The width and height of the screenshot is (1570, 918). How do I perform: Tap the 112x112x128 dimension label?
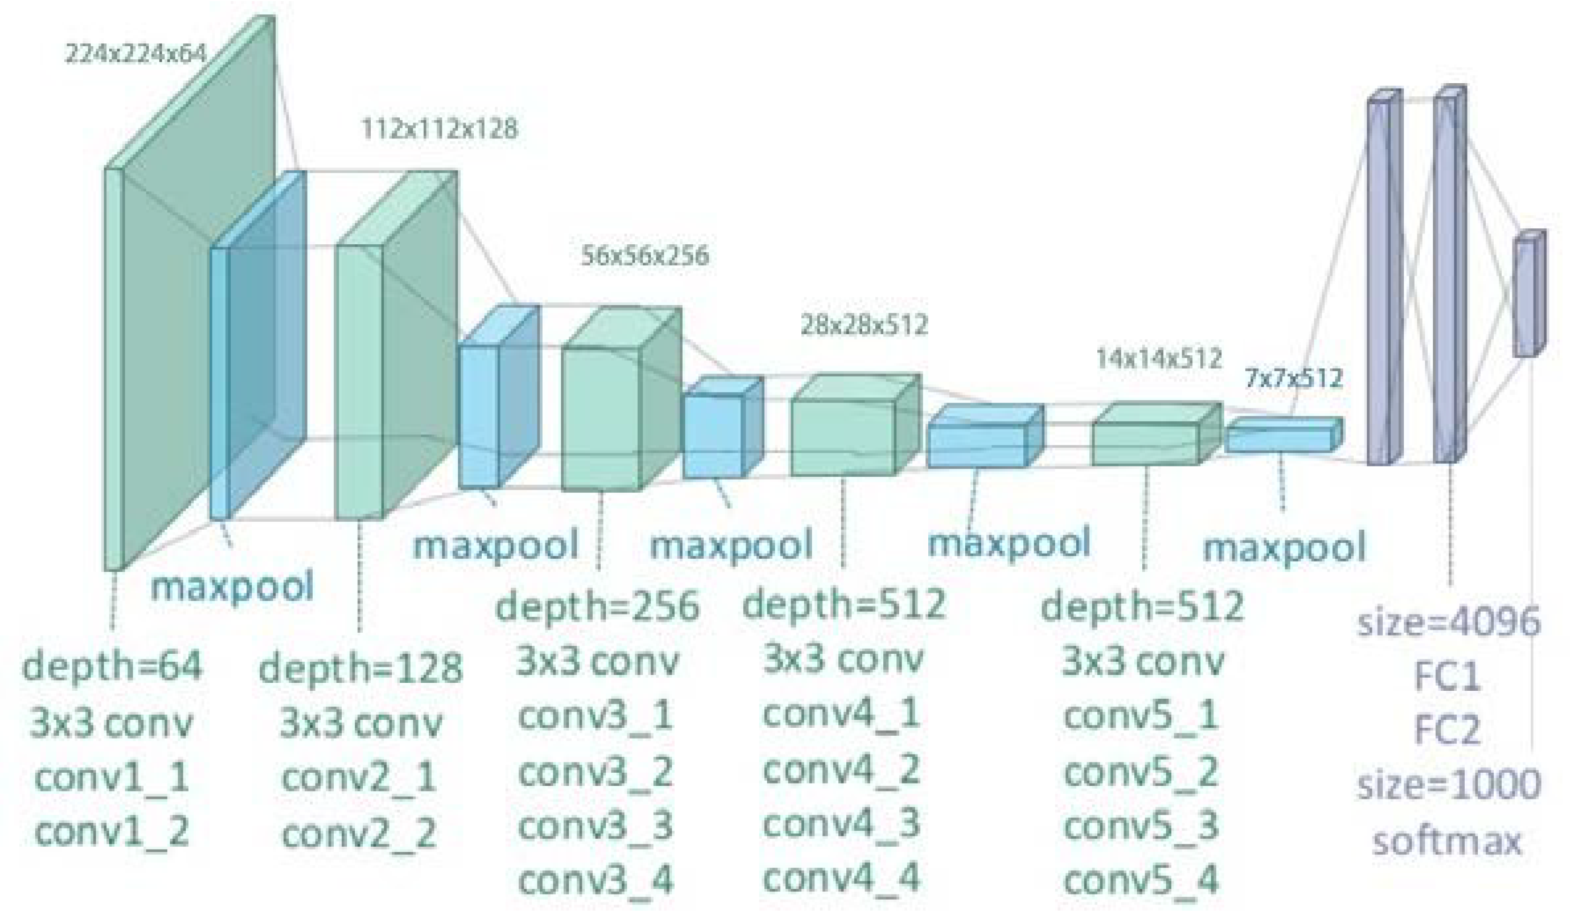(x=439, y=129)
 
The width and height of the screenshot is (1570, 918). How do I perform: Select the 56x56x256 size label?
(x=645, y=256)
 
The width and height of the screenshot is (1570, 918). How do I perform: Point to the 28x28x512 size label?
(x=864, y=325)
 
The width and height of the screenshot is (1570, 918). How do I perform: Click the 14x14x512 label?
(x=1159, y=358)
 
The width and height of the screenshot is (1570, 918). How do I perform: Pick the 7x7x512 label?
(x=1293, y=378)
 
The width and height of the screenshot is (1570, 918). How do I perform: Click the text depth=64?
(x=112, y=666)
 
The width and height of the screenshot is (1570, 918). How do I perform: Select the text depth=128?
(x=360, y=668)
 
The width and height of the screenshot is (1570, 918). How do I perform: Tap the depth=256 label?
(x=597, y=606)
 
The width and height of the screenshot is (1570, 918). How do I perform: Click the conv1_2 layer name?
(x=112, y=831)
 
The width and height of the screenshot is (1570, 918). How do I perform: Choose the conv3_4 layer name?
(x=596, y=880)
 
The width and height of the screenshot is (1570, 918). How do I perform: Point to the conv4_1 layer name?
(x=841, y=714)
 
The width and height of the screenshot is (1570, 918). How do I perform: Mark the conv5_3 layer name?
(x=1141, y=826)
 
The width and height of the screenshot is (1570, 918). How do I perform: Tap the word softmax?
(x=1446, y=841)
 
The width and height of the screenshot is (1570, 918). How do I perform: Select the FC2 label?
(x=1446, y=730)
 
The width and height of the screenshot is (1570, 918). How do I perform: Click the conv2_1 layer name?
(x=359, y=778)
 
